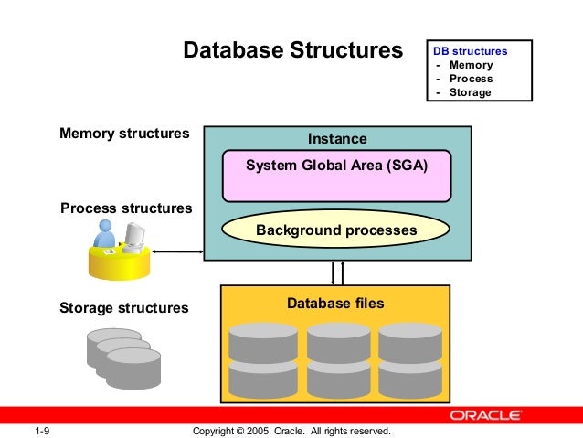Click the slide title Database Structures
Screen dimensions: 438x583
coord(292,49)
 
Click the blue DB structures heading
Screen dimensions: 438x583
coord(470,51)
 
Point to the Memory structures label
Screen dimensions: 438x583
coord(124,134)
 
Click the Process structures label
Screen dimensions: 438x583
coord(126,208)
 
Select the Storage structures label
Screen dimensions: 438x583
coord(123,308)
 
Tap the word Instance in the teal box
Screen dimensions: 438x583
coord(336,139)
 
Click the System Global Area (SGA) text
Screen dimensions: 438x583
coord(336,166)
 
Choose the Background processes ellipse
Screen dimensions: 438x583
coord(336,230)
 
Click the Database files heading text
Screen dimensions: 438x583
coord(335,303)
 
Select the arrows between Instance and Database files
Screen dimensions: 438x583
coord(336,272)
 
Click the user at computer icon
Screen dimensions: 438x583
coord(120,248)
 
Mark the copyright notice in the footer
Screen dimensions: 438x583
coord(292,430)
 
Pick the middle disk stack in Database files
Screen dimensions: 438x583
coord(338,358)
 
